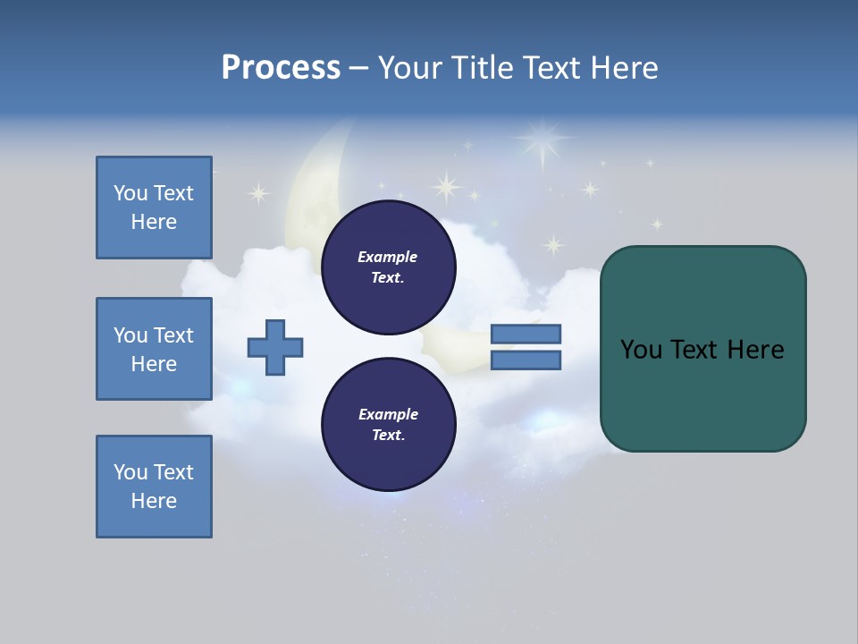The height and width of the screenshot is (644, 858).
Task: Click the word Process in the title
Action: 281,68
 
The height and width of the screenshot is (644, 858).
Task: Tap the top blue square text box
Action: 154,208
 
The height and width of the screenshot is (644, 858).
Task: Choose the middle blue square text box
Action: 154,349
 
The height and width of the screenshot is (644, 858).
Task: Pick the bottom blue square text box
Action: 154,487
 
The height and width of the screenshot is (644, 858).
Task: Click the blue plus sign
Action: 275,347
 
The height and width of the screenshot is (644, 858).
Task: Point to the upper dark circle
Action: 388,267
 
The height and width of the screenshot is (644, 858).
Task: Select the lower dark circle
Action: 388,424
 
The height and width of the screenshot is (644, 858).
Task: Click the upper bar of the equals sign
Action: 526,335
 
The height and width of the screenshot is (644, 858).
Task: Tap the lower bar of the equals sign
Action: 526,360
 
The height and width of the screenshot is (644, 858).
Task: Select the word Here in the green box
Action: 755,350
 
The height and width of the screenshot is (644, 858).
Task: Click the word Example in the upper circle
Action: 388,257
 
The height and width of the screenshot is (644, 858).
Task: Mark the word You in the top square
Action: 130,193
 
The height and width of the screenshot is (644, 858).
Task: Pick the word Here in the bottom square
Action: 154,501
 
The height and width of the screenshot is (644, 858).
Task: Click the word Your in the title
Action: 411,68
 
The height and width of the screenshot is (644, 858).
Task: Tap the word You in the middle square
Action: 130,335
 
